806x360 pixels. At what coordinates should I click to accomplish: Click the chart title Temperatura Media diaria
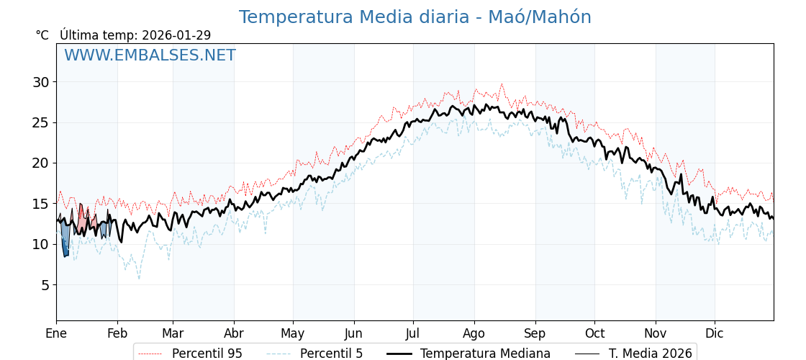[x=415, y=17]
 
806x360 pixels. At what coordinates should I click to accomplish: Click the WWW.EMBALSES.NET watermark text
[x=150, y=55]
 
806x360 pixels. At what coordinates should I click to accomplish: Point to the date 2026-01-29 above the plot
[x=176, y=35]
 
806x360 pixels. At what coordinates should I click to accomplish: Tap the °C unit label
[x=42, y=35]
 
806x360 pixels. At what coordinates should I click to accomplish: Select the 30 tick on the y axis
[x=40, y=82]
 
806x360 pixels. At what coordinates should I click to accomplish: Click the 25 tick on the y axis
[x=40, y=122]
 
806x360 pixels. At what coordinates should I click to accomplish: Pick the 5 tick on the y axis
[x=45, y=285]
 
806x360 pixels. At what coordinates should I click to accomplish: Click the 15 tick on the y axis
[x=40, y=204]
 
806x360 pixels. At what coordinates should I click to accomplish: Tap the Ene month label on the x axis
[x=56, y=333]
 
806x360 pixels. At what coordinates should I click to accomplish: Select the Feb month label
[x=117, y=333]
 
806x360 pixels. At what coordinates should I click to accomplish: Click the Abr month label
[x=234, y=333]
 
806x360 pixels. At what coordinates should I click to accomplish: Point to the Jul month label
[x=413, y=333]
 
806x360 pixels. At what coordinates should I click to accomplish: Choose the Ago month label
[x=474, y=333]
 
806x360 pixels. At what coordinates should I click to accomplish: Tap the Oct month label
[x=594, y=333]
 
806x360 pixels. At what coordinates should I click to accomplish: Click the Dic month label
[x=715, y=333]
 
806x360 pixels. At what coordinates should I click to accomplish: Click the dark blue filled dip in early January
[x=65, y=248]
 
